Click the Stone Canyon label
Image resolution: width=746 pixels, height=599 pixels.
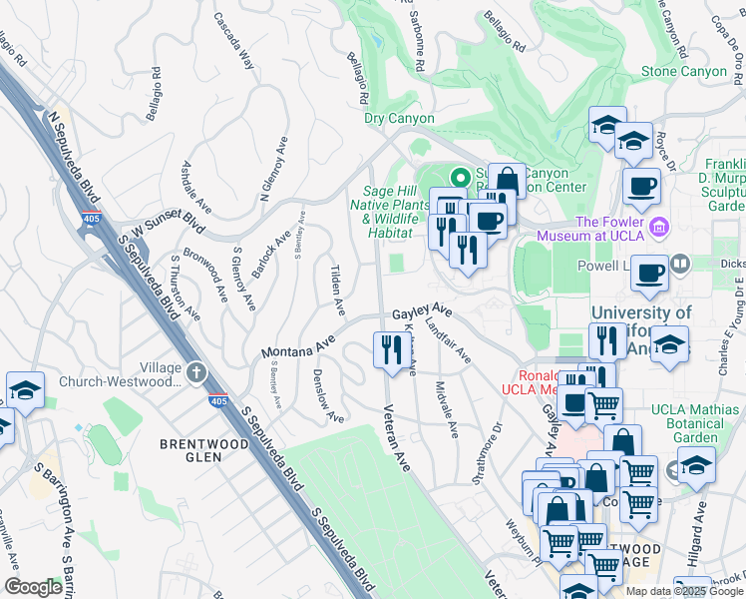point(683,71)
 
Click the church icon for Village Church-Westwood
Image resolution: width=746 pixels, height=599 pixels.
point(196,372)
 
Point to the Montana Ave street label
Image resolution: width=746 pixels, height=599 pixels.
point(297,348)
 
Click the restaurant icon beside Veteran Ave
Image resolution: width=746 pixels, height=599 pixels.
point(388,348)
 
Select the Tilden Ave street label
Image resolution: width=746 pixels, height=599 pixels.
point(337,286)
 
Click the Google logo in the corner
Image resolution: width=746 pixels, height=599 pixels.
point(33,587)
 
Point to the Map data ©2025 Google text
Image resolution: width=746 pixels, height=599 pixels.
point(683,591)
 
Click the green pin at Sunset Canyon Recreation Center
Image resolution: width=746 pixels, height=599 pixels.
point(460,177)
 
